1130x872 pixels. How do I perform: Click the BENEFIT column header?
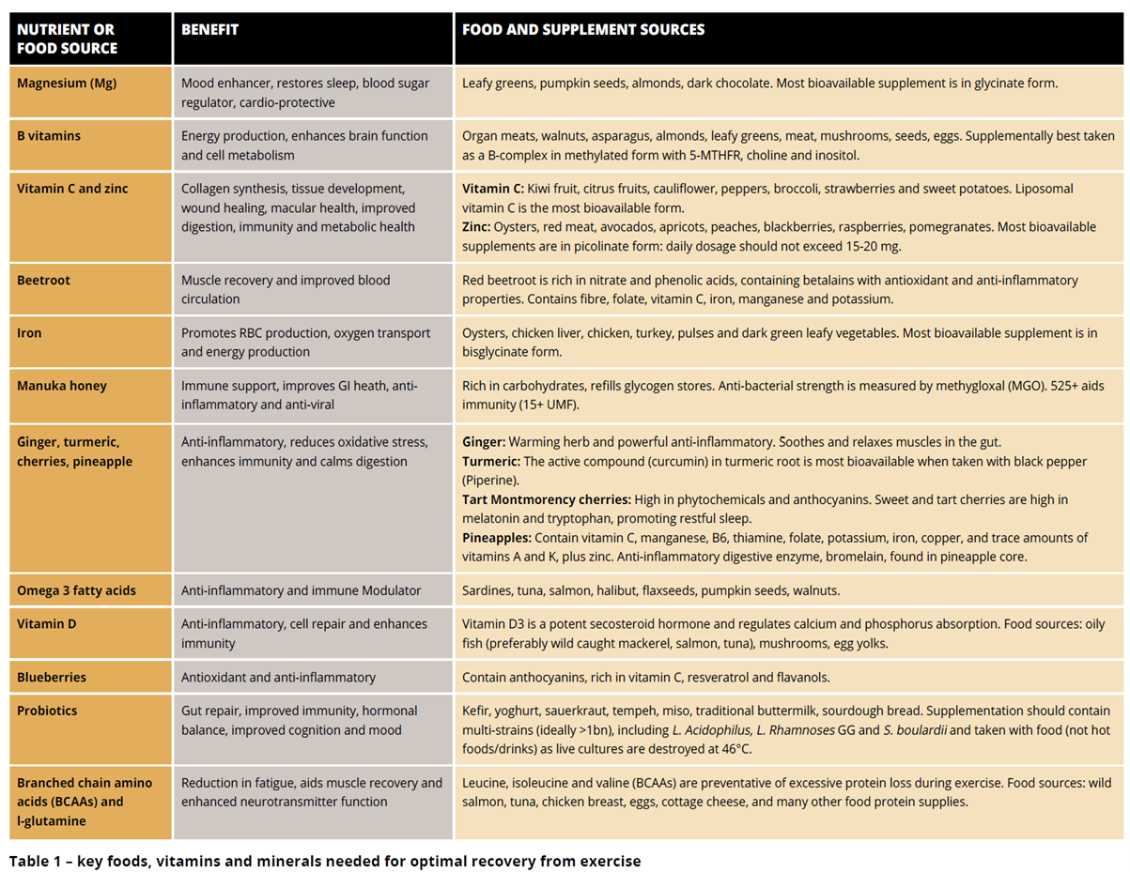(209, 30)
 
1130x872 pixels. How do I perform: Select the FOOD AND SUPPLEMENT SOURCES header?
(582, 30)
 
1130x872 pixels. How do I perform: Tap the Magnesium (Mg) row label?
(67, 84)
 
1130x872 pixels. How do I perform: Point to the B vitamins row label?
(49, 136)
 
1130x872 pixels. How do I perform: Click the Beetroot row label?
(43, 281)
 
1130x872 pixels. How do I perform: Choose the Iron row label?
(29, 333)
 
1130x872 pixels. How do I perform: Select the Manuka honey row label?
(62, 386)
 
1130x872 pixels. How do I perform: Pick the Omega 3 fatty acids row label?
(76, 591)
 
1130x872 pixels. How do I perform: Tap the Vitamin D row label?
(47, 624)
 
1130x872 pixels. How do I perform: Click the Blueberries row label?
(52, 678)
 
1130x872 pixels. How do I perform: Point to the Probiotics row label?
(48, 711)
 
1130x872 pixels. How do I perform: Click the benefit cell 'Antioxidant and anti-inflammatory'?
(278, 678)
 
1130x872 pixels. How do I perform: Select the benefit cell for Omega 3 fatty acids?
(301, 591)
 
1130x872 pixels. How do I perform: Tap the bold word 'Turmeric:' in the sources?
(490, 462)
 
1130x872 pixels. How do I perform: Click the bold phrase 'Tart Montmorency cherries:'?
(546, 500)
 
